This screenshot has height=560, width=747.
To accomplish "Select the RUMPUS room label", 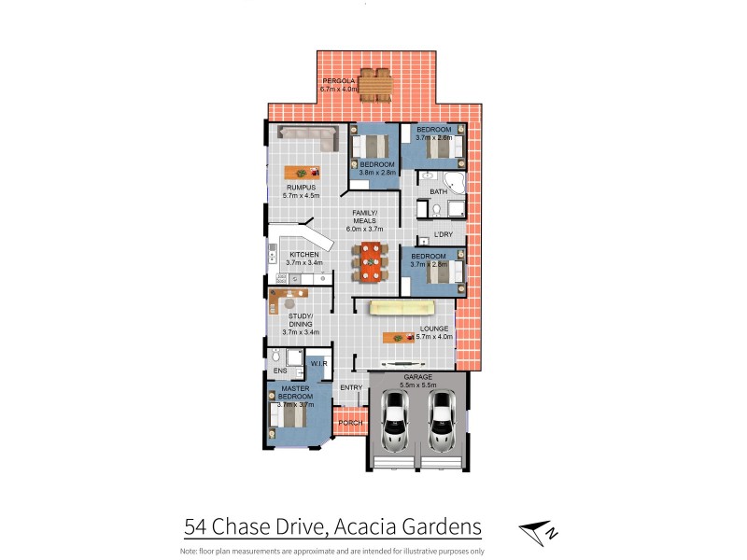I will [x=302, y=188].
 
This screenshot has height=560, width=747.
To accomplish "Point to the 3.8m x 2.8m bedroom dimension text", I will [x=378, y=173].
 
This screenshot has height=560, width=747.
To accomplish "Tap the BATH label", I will [x=438, y=192].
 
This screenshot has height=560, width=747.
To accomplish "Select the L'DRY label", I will [x=443, y=235].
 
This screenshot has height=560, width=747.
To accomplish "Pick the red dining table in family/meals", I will [x=372, y=261].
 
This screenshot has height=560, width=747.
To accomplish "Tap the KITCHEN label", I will [x=303, y=255].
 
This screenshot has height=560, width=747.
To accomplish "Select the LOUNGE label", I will [x=434, y=329].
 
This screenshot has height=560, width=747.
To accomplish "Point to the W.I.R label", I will [x=317, y=363].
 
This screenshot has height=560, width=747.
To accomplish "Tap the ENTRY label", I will [x=351, y=387].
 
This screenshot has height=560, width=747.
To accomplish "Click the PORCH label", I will [x=350, y=423].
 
